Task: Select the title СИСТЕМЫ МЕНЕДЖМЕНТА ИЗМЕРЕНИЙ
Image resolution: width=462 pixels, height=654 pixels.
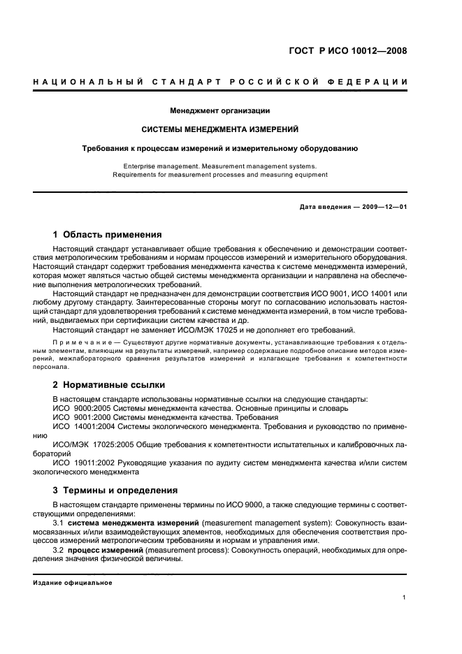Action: pyautogui.click(x=220, y=129)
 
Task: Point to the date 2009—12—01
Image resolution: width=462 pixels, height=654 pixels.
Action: pyautogui.click(x=382, y=208)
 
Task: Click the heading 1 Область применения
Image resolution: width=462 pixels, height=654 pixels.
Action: pyautogui.click(x=108, y=234)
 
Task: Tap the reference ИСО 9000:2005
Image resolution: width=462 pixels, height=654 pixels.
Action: pyautogui.click(x=82, y=407)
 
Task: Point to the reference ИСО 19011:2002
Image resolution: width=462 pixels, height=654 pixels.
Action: pyautogui.click(x=84, y=462)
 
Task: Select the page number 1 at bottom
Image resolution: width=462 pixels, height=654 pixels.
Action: pyautogui.click(x=405, y=597)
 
